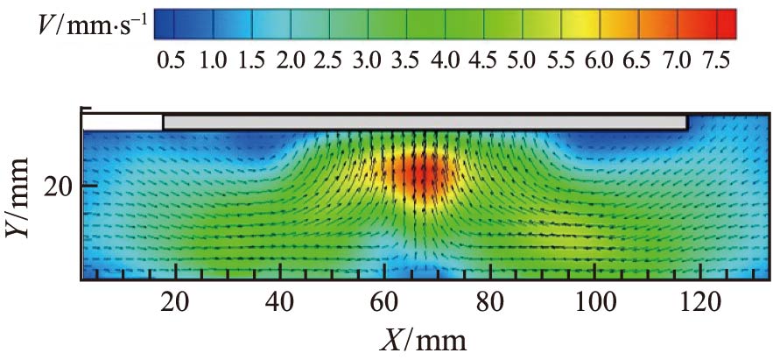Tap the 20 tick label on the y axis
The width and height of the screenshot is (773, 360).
click(x=59, y=186)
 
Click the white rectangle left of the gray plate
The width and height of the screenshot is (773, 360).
click(x=123, y=122)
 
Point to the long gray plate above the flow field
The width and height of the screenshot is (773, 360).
click(x=425, y=122)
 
